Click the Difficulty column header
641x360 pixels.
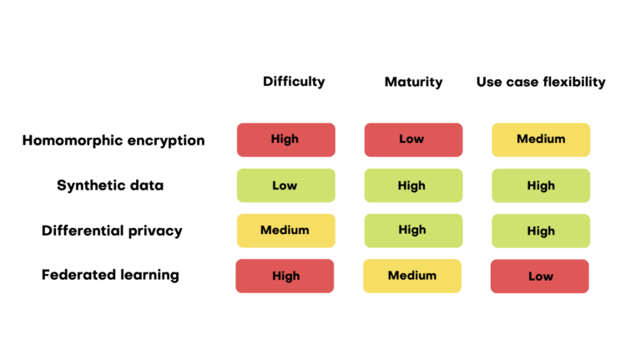293,82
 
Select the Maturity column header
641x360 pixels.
413,82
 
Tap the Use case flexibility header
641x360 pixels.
541,82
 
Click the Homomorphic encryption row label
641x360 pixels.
113,140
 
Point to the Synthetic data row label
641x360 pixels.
110,185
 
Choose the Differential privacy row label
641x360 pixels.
112,231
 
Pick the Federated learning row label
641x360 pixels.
110,275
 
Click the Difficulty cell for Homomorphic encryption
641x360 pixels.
285,139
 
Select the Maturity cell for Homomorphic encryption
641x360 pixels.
412,139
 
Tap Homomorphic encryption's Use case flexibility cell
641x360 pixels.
541,139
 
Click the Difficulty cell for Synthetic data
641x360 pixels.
285,185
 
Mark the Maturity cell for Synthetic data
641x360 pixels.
412,185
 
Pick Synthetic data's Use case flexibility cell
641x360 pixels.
541,185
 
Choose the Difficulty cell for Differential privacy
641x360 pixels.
285,231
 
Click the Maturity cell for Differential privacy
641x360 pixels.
412,231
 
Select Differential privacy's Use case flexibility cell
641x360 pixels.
541,231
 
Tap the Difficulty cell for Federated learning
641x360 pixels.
285,276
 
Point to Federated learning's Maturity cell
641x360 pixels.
411,276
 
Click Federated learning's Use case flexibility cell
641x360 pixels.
540,276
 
